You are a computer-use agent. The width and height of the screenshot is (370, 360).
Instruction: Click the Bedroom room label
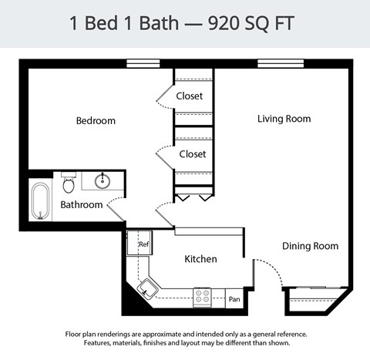(x=96, y=121)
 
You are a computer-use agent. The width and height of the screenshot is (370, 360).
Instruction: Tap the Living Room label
(x=284, y=119)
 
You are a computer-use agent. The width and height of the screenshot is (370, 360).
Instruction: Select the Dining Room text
(x=310, y=246)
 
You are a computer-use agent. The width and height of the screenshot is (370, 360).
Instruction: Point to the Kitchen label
(x=200, y=259)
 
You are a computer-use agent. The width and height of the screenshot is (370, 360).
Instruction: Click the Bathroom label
(x=81, y=205)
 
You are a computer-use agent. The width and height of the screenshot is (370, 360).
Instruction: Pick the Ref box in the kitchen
(x=143, y=244)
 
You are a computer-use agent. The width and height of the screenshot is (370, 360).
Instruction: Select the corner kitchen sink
(x=146, y=290)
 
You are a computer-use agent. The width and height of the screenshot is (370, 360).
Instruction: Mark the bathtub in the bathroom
(x=40, y=201)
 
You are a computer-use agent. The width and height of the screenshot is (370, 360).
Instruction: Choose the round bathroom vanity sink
(x=103, y=181)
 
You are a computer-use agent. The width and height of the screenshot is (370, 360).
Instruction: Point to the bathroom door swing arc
(x=115, y=205)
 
